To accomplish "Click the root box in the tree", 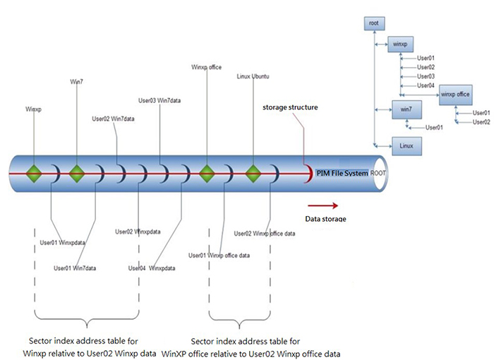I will click(374, 23).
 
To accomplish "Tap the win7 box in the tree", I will click(405, 109).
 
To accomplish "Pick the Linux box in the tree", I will click(405, 146).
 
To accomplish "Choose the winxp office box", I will click(455, 93).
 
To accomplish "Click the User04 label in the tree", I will click(426, 85).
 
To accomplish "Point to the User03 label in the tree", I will click(426, 76).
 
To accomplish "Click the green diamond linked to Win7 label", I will click(76, 172).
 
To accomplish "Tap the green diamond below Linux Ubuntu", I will click(253, 172).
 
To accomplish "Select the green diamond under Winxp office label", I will click(206, 172).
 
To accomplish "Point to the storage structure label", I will click(290, 108).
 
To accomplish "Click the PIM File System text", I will click(342, 172).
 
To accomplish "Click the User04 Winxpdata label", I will click(151, 268).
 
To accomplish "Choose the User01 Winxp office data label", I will click(219, 255).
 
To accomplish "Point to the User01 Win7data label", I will click(77, 268).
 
